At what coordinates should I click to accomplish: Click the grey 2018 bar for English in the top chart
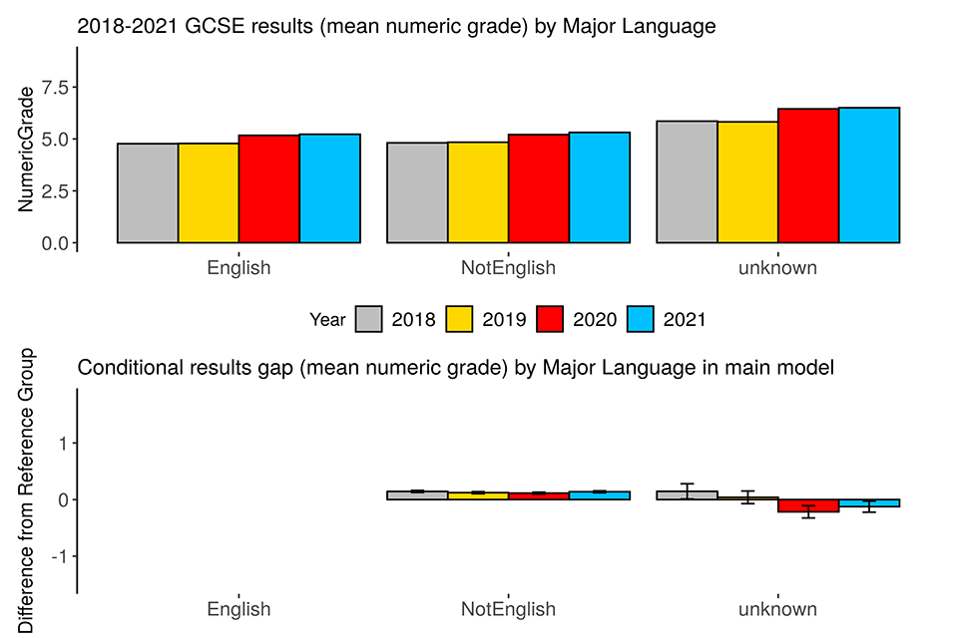click(x=148, y=193)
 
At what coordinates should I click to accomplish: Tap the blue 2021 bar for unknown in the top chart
click(x=869, y=175)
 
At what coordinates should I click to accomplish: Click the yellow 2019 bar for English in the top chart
click(x=209, y=193)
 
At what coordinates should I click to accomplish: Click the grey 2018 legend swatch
click(x=368, y=320)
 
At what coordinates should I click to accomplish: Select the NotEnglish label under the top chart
click(x=508, y=268)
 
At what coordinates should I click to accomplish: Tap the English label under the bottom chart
click(x=239, y=609)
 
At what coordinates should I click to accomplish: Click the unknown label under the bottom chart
click(x=777, y=609)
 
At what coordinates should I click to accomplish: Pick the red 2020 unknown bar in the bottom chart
click(x=808, y=505)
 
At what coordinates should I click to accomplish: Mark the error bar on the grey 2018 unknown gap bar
click(x=687, y=490)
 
